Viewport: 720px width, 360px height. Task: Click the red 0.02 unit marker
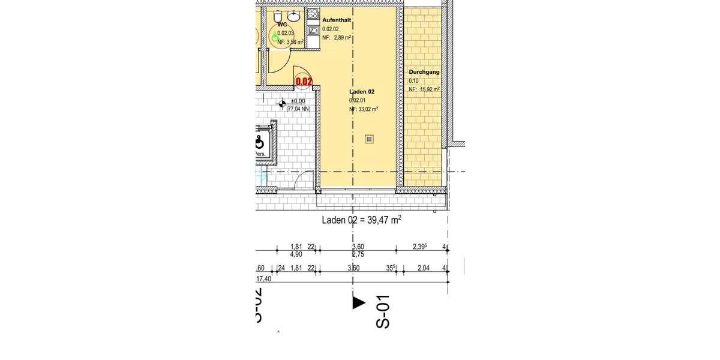click(304, 81)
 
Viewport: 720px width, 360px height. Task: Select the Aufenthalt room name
click(336, 20)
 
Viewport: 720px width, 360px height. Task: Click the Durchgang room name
click(424, 72)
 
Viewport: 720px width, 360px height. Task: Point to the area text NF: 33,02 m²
click(364, 110)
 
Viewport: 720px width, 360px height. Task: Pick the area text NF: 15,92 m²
click(424, 89)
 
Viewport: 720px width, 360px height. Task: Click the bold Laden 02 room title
click(362, 92)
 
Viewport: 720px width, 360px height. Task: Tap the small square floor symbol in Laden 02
click(369, 139)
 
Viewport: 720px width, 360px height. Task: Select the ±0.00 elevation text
click(298, 101)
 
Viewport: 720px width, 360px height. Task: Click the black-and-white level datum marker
click(281, 104)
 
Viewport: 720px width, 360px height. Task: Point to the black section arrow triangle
click(358, 303)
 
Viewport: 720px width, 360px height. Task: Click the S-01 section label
click(382, 311)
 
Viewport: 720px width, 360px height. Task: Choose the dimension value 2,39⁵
click(422, 247)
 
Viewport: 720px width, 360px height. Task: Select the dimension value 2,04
click(424, 268)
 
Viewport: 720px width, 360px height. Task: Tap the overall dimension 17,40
click(263, 279)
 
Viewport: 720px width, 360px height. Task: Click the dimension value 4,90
click(296, 254)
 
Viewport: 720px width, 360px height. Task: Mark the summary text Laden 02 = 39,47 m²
click(361, 220)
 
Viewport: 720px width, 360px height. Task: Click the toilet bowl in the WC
click(278, 15)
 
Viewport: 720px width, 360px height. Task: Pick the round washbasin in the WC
click(295, 15)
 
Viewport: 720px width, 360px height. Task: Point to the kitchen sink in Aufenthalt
click(313, 29)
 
